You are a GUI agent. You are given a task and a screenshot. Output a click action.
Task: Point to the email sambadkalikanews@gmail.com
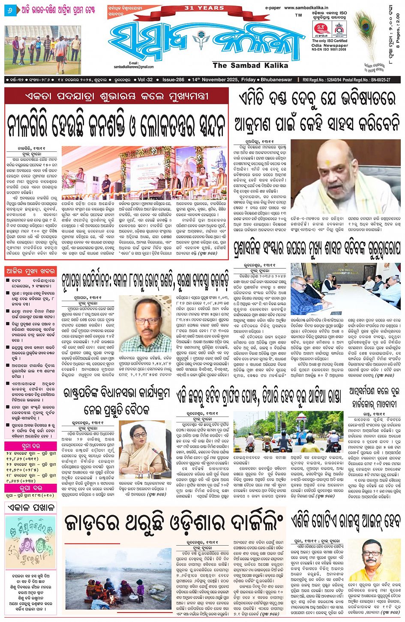click(134, 66)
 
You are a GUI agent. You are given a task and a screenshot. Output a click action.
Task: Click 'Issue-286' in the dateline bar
click(173, 80)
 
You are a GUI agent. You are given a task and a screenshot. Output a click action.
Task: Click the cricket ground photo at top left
click(42, 50)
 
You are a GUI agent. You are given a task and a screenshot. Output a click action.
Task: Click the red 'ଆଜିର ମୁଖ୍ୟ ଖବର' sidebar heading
click(30, 271)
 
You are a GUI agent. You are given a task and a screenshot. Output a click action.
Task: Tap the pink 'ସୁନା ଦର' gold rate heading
click(30, 446)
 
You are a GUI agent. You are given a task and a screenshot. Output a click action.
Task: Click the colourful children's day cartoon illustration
click(30, 543)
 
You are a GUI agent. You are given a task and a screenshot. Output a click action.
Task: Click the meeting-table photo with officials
click(345, 289)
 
